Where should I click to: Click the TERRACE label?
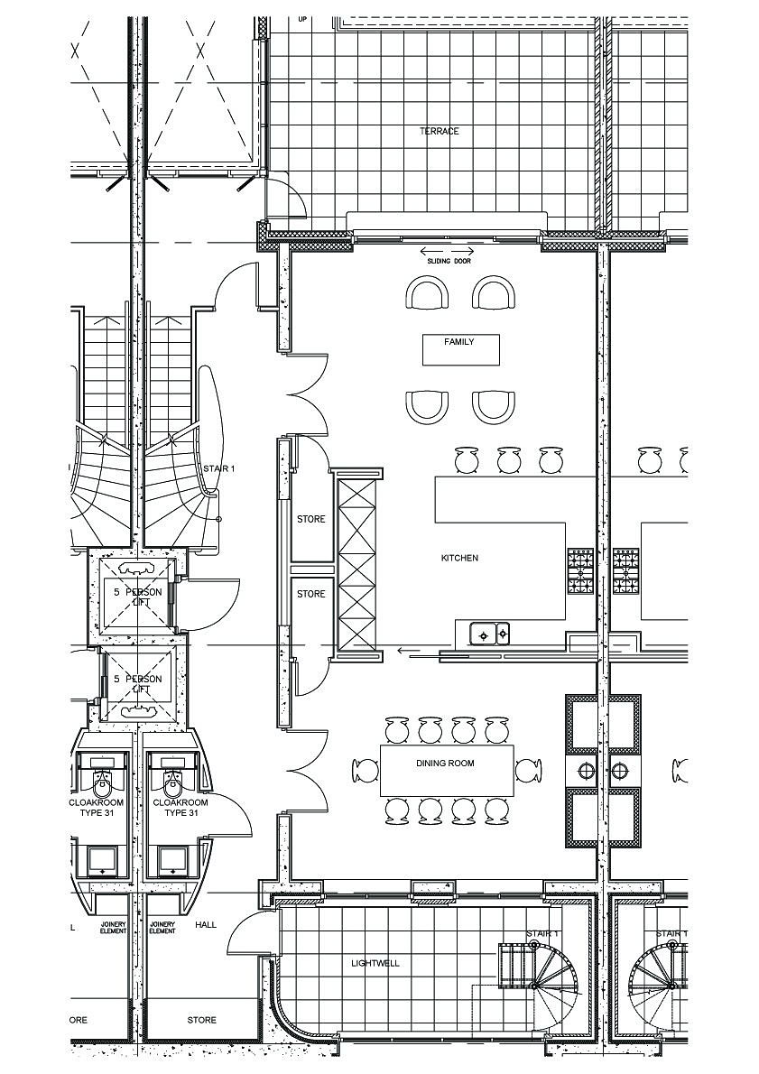tap(440, 132)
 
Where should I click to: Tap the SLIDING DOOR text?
tap(449, 261)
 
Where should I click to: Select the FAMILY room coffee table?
tap(460, 349)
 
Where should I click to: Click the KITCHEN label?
tap(459, 559)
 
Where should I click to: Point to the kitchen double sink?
tap(492, 634)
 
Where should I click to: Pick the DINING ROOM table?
tap(446, 770)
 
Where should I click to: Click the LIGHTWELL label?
tap(375, 964)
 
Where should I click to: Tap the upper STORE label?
tap(311, 520)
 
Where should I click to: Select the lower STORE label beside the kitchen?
tap(311, 595)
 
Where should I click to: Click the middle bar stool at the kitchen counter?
tap(509, 460)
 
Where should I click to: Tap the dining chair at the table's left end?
tap(366, 771)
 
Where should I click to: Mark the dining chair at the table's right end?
tap(529, 771)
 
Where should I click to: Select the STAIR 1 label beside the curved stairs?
tap(218, 469)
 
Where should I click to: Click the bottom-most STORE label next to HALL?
tap(202, 1021)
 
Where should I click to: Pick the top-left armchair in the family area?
tap(428, 294)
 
